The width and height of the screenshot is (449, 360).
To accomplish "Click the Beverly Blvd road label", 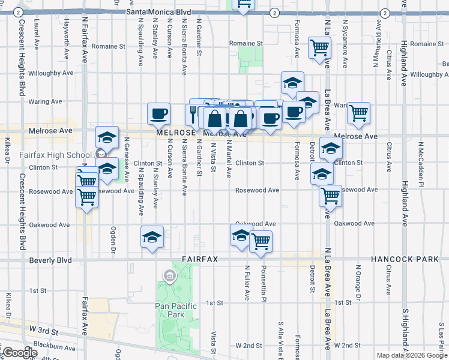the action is point(50,260).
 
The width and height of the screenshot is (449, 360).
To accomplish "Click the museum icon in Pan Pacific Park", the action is point(169,276).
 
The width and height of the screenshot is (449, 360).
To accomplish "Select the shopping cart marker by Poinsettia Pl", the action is point(261,241).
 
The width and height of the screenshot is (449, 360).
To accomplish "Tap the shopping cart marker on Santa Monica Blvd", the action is point(243,5).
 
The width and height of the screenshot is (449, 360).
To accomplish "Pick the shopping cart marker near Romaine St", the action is point(319,47).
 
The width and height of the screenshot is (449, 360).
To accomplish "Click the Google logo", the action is point(19,353).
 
